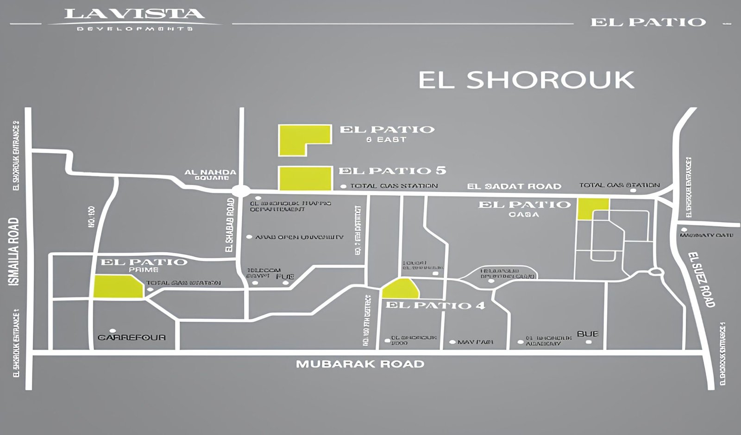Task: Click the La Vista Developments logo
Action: pos(134,19)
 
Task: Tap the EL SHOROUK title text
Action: pos(526,80)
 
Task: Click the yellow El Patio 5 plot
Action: pos(305,179)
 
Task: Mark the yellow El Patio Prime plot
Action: pos(117,287)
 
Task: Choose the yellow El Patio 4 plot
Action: pos(400,289)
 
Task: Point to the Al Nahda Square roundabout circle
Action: pos(241,191)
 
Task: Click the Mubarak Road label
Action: pos(360,364)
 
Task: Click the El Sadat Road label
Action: pos(514,186)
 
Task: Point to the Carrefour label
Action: pos(132,337)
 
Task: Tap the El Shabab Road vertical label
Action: pos(230,225)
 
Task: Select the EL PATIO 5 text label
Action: pos(392,171)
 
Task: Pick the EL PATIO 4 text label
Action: pos(435,305)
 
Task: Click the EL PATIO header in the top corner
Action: pos(647,22)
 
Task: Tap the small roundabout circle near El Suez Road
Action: pos(655,272)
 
